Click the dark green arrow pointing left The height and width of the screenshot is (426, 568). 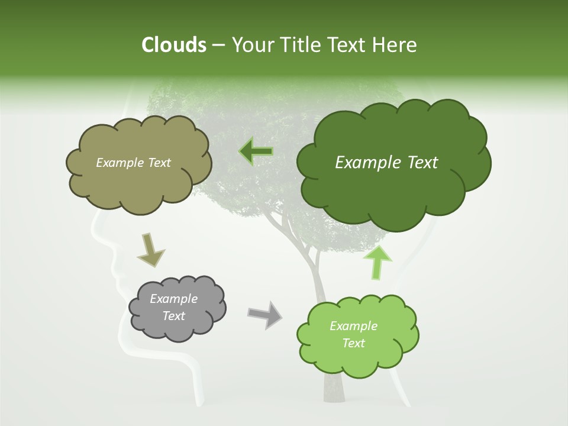pos(256,151)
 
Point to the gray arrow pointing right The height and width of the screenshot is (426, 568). pos(264,315)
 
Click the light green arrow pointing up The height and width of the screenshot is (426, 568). pos(378,262)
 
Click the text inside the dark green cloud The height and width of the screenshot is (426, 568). pos(386,163)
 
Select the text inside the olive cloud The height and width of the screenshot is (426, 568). pos(133,163)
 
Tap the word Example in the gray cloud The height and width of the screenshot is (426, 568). pos(173,299)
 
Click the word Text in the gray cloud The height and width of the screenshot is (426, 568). pos(173,316)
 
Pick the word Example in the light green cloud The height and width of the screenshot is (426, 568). pos(353,326)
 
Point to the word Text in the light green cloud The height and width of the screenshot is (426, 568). pos(353,343)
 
